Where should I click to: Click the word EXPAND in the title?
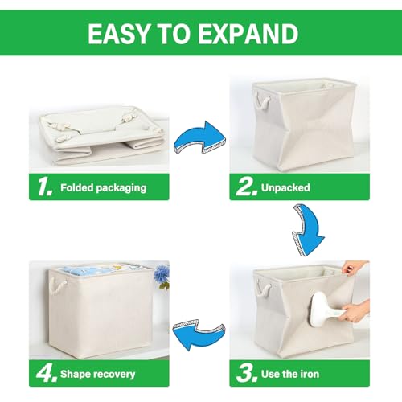[248, 34]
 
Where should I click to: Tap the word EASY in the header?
[118, 34]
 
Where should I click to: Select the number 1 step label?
[44, 187]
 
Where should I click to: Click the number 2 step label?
[244, 187]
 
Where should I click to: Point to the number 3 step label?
[244, 373]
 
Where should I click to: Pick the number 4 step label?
[47, 373]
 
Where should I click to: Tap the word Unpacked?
[285, 187]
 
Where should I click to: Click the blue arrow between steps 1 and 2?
[199, 138]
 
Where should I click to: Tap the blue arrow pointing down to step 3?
[308, 230]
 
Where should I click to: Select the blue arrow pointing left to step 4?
[199, 334]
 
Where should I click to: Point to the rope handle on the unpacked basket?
[264, 100]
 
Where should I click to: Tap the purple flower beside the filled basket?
[162, 273]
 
